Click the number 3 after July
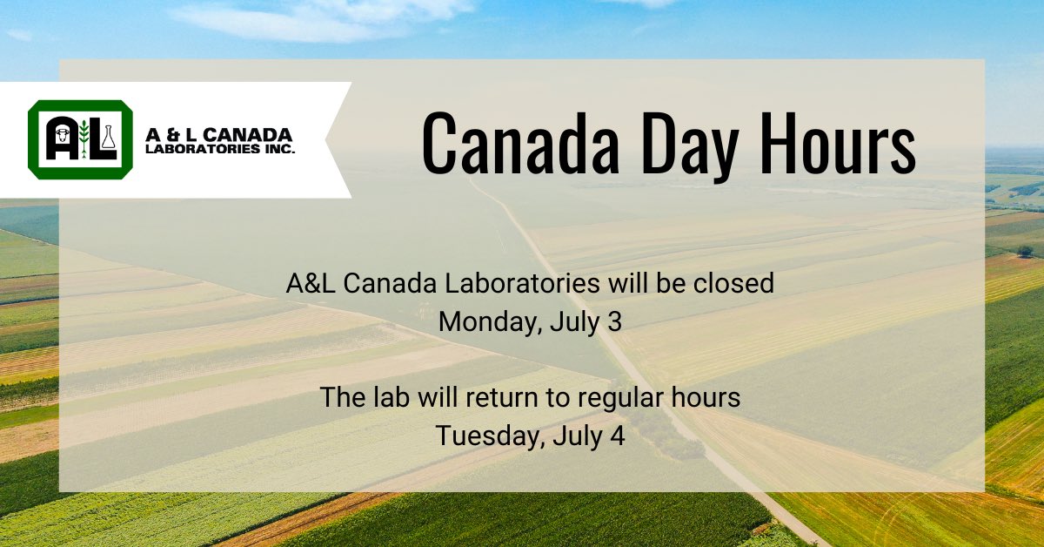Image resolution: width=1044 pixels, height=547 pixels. coord(615,321)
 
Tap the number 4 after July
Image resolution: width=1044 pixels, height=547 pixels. coord(617,436)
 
